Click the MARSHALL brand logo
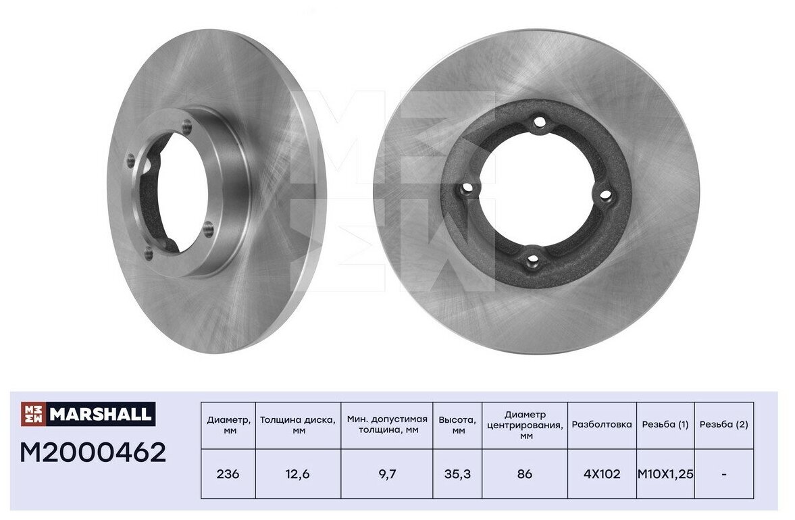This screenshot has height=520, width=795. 88,413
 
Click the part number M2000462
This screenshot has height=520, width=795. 93,452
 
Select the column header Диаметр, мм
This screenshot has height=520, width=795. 229,425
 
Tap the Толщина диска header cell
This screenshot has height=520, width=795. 298,425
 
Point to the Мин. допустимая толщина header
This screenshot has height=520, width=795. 387,425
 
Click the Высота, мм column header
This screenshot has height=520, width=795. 457,425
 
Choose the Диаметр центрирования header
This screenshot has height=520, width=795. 525,425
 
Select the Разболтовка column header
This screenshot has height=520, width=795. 602,425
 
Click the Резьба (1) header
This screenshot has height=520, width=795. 665,425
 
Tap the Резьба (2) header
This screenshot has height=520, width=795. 723,425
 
